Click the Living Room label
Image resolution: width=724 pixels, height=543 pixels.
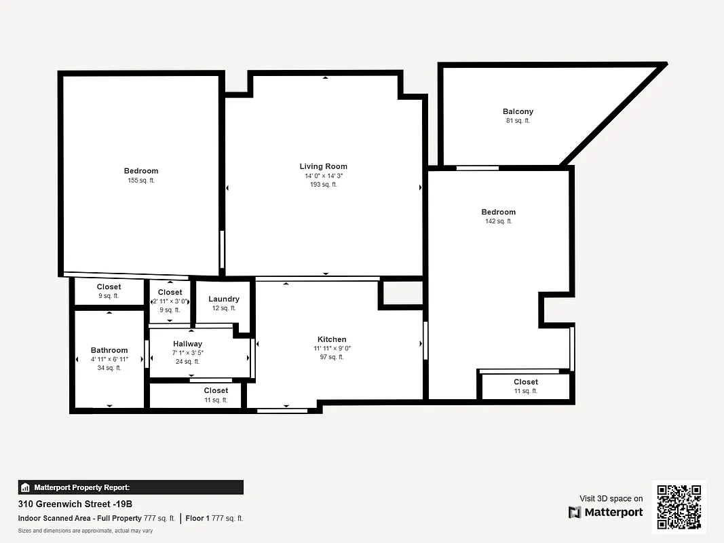pyautogui.click(x=323, y=166)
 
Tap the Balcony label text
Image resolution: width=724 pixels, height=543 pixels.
pyautogui.click(x=518, y=111)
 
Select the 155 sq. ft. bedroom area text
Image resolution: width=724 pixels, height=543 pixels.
pyautogui.click(x=141, y=181)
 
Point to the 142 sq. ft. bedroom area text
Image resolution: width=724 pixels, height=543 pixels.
pyautogui.click(x=498, y=221)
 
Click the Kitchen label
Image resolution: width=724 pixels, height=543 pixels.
pyautogui.click(x=332, y=339)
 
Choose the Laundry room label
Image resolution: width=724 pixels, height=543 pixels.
pyautogui.click(x=223, y=299)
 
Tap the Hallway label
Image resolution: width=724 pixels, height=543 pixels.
pyautogui.click(x=187, y=344)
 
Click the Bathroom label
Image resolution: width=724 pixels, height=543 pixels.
pyautogui.click(x=109, y=350)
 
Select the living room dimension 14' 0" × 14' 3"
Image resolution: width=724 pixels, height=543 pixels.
pyautogui.click(x=328, y=176)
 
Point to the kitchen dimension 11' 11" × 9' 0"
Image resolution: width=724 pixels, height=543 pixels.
pyautogui.click(x=332, y=348)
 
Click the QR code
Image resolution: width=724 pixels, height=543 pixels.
pyautogui.click(x=679, y=507)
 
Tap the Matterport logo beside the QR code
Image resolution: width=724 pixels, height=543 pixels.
pyautogui.click(x=606, y=512)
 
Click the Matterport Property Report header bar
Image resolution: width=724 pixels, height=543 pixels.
pyautogui.click(x=130, y=487)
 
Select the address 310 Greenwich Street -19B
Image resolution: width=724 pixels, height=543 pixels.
pyautogui.click(x=75, y=504)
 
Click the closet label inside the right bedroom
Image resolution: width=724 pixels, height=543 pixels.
pyautogui.click(x=526, y=382)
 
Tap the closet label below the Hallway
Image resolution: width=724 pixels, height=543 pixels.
pyautogui.click(x=216, y=390)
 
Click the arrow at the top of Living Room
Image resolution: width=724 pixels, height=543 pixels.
pyautogui.click(x=325, y=78)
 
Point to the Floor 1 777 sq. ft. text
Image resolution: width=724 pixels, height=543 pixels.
pyautogui.click(x=214, y=519)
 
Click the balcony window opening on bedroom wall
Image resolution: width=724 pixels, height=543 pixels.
pyautogui.click(x=477, y=168)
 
